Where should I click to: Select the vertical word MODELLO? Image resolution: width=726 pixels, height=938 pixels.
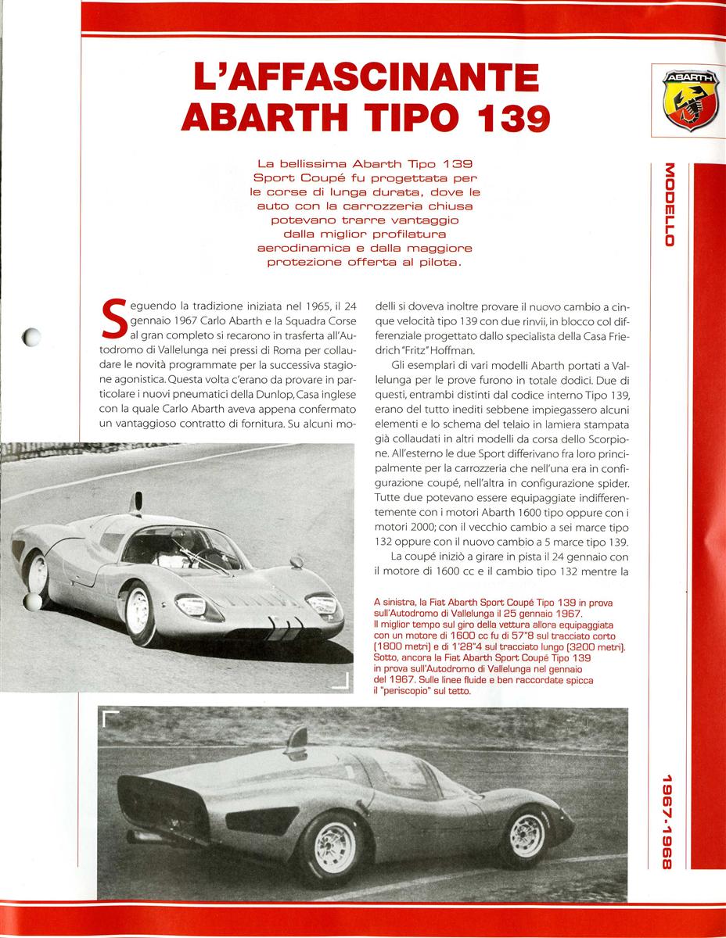click(669, 204)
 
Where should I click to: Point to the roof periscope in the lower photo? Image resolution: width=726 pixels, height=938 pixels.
click(299, 738)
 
